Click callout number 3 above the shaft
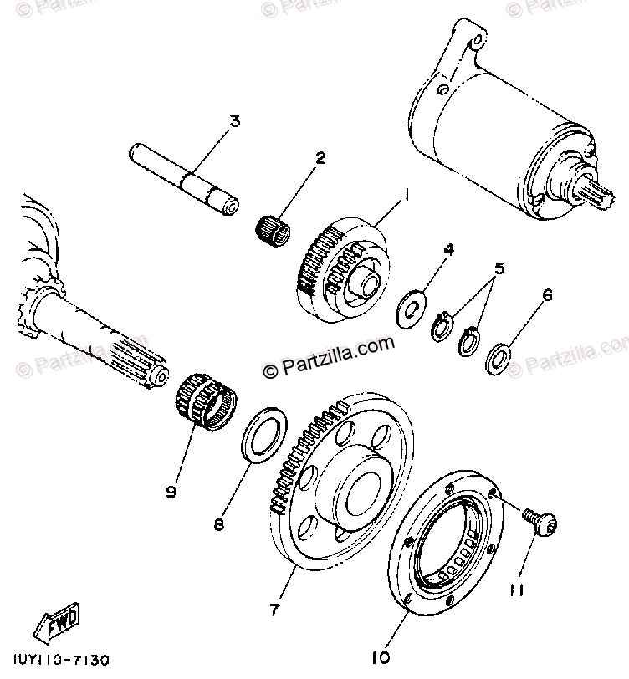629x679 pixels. tap(234, 121)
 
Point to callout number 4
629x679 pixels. tap(448, 249)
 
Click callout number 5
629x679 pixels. tap(499, 268)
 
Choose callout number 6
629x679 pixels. tap(549, 294)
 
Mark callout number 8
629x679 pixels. tap(219, 524)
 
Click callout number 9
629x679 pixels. tap(171, 492)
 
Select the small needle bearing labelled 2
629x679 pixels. tap(273, 227)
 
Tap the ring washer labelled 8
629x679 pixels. tap(263, 433)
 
